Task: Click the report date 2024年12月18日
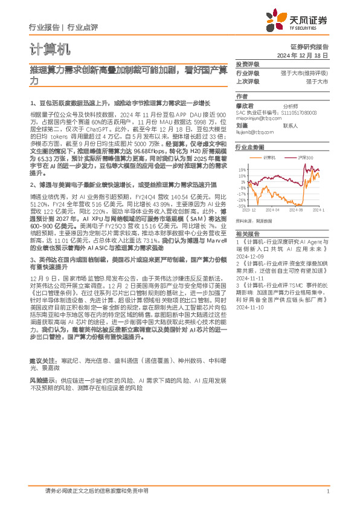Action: [307, 54]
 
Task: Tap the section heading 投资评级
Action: [247, 64]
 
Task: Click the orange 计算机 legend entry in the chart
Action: [269, 157]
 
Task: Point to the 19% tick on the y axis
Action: [242, 170]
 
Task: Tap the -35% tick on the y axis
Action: [241, 206]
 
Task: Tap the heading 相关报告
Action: [247, 233]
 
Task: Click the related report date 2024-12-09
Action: [249, 255]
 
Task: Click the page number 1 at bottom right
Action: [327, 491]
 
